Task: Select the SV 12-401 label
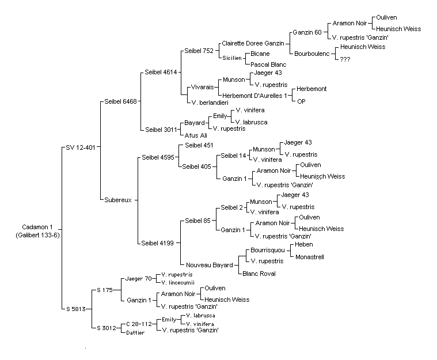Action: coord(81,147)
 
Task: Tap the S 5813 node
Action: coord(76,309)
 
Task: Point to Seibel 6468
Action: coord(121,101)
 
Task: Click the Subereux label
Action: coord(118,200)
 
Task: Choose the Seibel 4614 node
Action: coord(161,72)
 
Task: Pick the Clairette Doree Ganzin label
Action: coord(253,44)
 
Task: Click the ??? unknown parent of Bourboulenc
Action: coord(345,59)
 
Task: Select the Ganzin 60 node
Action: coord(307,32)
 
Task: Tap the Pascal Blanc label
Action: coord(268,65)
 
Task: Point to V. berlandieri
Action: coord(210,103)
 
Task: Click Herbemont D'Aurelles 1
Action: coord(254,96)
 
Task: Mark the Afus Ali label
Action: coord(196,135)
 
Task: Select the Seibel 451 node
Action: coord(199,145)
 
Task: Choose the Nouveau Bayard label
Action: coord(210,265)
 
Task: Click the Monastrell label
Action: coord(310,257)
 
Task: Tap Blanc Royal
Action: coord(259,274)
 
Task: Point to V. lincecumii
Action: coord(178,283)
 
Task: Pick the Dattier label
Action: coord(135,333)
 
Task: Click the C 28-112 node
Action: coord(139,324)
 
